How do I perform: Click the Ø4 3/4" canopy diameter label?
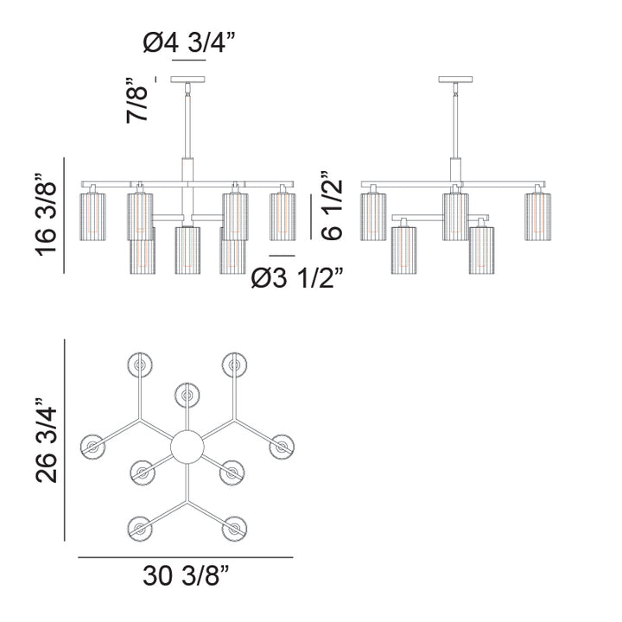(189, 42)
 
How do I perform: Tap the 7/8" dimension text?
(136, 100)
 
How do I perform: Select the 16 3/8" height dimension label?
(46, 215)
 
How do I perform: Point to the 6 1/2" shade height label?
(331, 206)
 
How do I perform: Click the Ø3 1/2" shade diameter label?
(296, 277)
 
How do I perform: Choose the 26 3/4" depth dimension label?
(47, 440)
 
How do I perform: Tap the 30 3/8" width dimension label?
(186, 575)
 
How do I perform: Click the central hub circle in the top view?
(187, 447)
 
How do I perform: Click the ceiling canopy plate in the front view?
(188, 79)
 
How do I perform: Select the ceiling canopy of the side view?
(455, 79)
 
